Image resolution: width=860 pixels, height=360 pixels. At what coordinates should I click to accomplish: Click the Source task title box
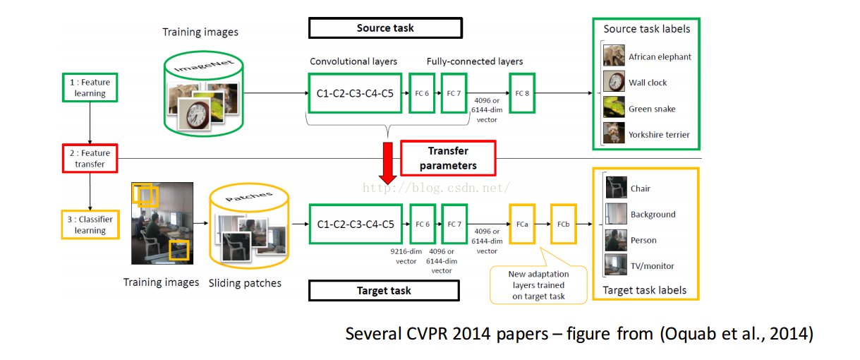pos(385,28)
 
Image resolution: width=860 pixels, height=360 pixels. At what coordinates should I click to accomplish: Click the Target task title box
pos(384,290)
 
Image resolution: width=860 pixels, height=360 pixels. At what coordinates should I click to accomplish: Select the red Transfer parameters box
pos(448,158)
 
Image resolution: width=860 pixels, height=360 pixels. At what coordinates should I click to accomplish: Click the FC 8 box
pos(521,92)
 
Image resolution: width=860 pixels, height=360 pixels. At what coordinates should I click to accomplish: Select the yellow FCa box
pos(522,224)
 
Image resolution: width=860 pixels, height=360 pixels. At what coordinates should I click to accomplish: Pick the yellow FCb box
pos(563,224)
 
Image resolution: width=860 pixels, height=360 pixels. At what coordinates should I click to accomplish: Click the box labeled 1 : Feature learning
pos(90,88)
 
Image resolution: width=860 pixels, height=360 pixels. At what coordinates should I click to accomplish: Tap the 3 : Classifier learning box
pos(90,224)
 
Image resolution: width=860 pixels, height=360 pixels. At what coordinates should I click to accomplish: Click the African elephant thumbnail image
pos(614,56)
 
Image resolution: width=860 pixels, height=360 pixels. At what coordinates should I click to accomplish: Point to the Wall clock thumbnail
pos(614,82)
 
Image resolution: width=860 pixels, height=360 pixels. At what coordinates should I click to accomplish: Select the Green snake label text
pos(652,109)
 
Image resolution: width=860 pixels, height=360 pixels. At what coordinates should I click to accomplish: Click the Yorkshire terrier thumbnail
pos(614,133)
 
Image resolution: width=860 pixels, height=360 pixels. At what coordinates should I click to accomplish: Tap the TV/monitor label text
pos(652,266)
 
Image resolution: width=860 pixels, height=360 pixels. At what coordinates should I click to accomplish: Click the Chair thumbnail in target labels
pos(616,188)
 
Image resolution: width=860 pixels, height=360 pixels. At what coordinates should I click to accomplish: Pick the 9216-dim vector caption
pos(406,256)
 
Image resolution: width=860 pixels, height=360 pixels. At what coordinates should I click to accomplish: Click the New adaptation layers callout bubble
pos(538,284)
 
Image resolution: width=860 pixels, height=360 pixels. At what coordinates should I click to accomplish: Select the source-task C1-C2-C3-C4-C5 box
pos(355,92)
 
